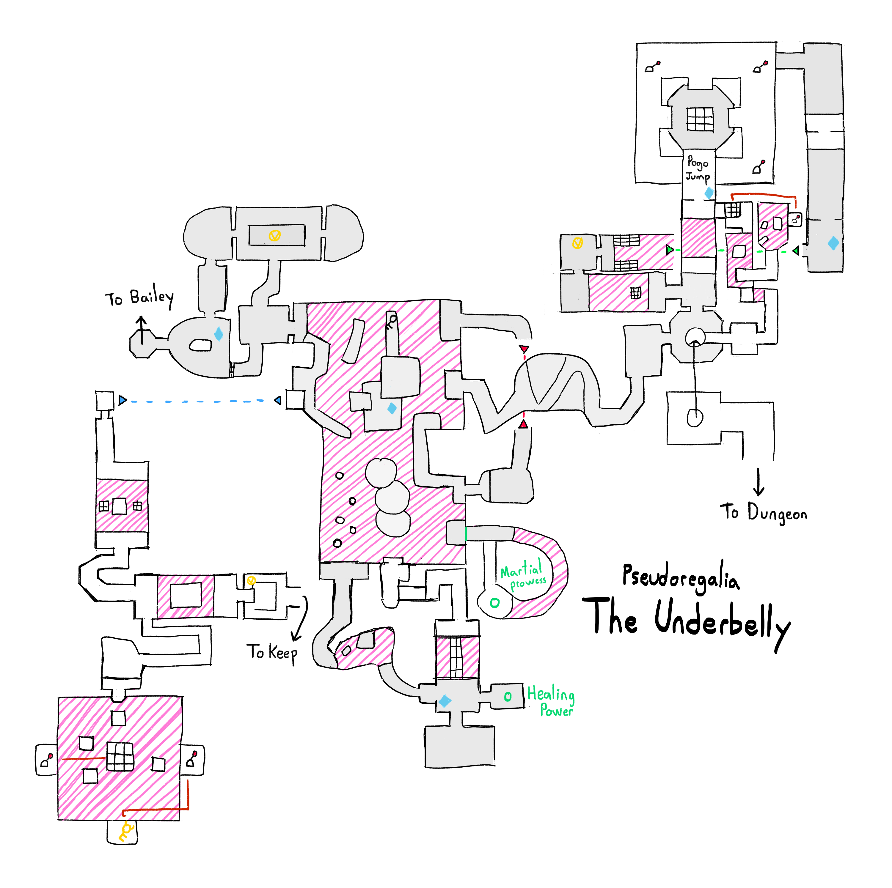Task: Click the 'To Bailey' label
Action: (141, 298)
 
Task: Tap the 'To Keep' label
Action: (275, 653)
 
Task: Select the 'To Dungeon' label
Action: (764, 512)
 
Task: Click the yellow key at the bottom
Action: (125, 831)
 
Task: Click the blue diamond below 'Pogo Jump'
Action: (709, 193)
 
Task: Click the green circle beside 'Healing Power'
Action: (508, 696)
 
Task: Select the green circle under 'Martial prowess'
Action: (494, 603)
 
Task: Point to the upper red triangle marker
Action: (524, 349)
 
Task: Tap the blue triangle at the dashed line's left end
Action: (122, 400)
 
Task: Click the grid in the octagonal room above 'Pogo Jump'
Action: (700, 119)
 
